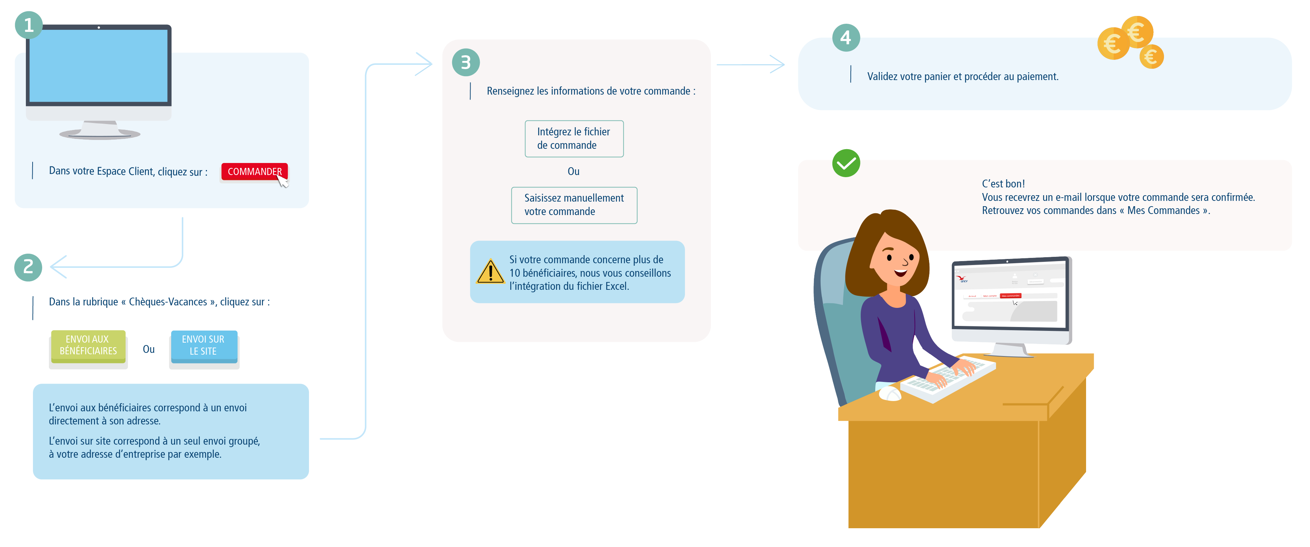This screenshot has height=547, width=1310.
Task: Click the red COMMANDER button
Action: tap(254, 171)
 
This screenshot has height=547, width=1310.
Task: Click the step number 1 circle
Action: tap(28, 25)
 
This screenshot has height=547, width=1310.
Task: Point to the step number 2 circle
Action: tap(28, 267)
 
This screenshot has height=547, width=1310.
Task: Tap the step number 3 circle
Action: tap(465, 62)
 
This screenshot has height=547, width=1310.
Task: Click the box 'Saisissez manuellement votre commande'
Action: tap(574, 205)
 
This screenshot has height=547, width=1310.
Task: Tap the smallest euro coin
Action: tap(1151, 56)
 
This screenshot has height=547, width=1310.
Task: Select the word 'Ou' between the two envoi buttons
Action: tap(148, 349)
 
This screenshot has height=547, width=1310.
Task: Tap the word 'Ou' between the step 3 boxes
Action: tap(573, 171)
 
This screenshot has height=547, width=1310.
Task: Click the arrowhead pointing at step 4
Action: tap(778, 64)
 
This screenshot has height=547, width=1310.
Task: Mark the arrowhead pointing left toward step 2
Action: tap(57, 267)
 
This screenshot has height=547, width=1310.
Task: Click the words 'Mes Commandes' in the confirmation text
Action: tap(1163, 210)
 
